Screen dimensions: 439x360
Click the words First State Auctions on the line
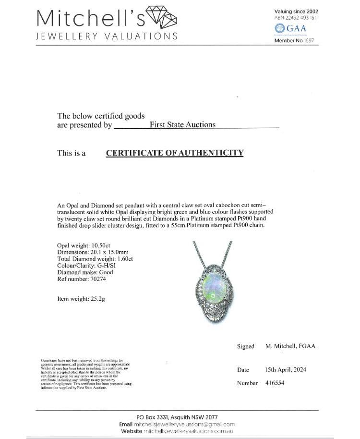[x=182, y=124]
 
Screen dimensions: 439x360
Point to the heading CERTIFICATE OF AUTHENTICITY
[x=174, y=153]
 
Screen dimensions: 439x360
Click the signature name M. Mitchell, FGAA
[x=290, y=346]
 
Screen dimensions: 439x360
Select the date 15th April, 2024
[x=286, y=369]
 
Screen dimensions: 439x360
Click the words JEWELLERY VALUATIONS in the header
[x=107, y=37]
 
